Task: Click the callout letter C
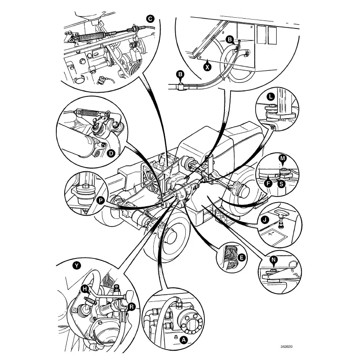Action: click(x=150, y=19)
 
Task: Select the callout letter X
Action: click(x=207, y=66)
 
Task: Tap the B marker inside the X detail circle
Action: click(x=229, y=41)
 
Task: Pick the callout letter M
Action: click(x=282, y=158)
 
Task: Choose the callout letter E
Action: click(x=241, y=257)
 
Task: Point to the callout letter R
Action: click(x=132, y=306)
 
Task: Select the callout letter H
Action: click(x=85, y=289)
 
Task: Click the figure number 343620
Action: click(x=287, y=347)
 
